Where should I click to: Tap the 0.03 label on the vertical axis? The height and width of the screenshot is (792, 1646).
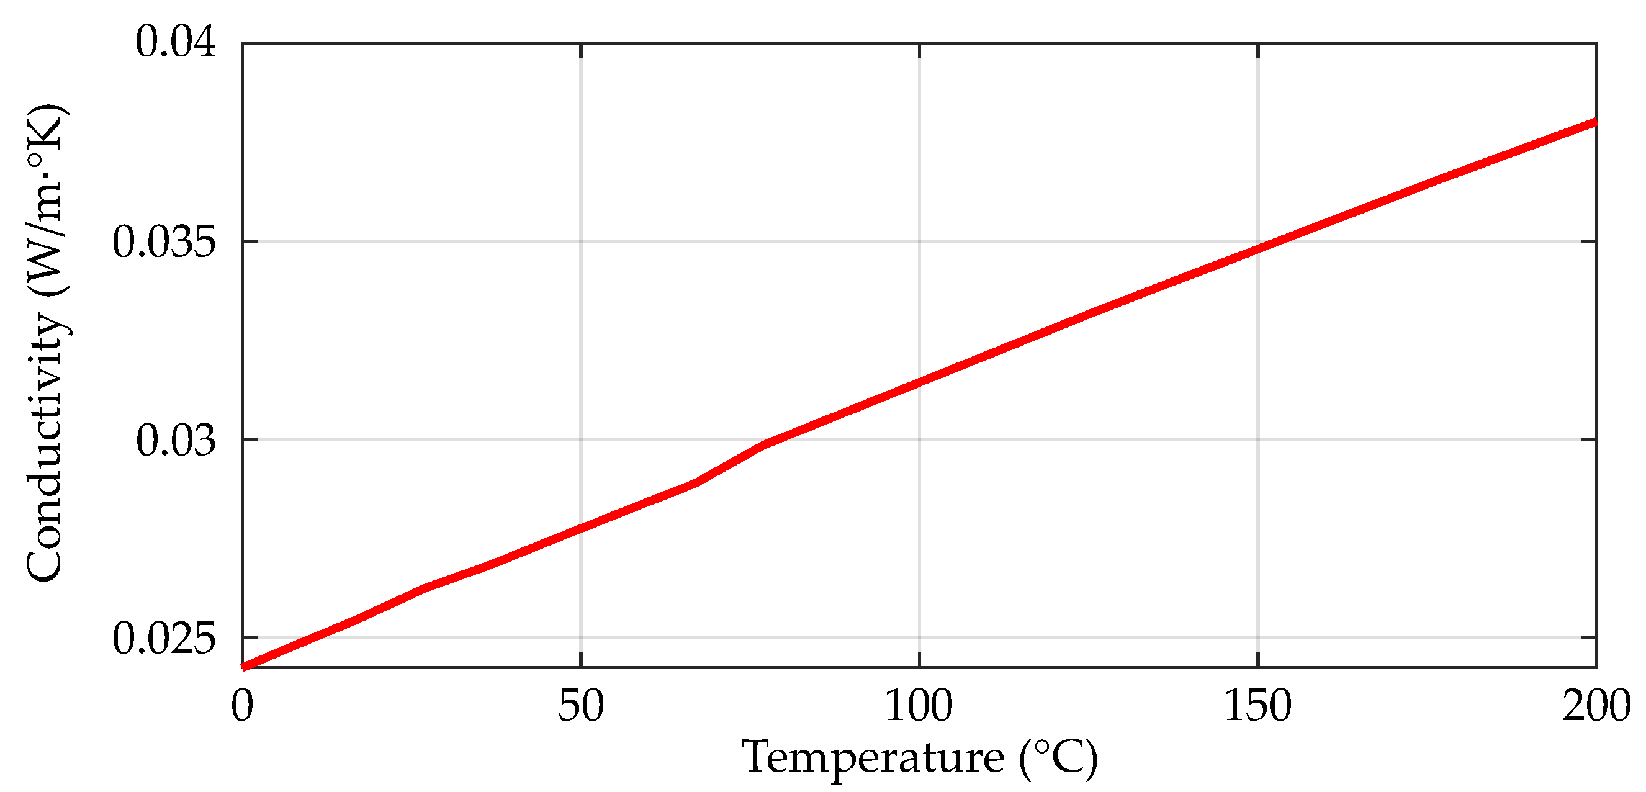(x=176, y=441)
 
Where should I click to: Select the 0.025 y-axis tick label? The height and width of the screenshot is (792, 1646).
(x=164, y=639)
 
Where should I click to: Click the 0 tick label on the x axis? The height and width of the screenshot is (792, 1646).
(x=242, y=707)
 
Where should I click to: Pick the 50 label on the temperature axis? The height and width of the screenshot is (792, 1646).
(x=580, y=707)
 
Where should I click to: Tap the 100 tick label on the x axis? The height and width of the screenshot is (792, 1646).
(x=918, y=707)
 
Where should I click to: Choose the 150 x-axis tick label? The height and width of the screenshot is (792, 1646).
(x=1257, y=707)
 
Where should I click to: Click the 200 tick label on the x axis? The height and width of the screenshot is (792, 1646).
(x=1596, y=707)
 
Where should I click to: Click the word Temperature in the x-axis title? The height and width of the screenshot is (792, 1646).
(x=873, y=758)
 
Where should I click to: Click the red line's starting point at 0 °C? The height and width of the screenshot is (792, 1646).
(x=243, y=667)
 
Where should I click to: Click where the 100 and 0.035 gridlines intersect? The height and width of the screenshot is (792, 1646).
(x=919, y=241)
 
